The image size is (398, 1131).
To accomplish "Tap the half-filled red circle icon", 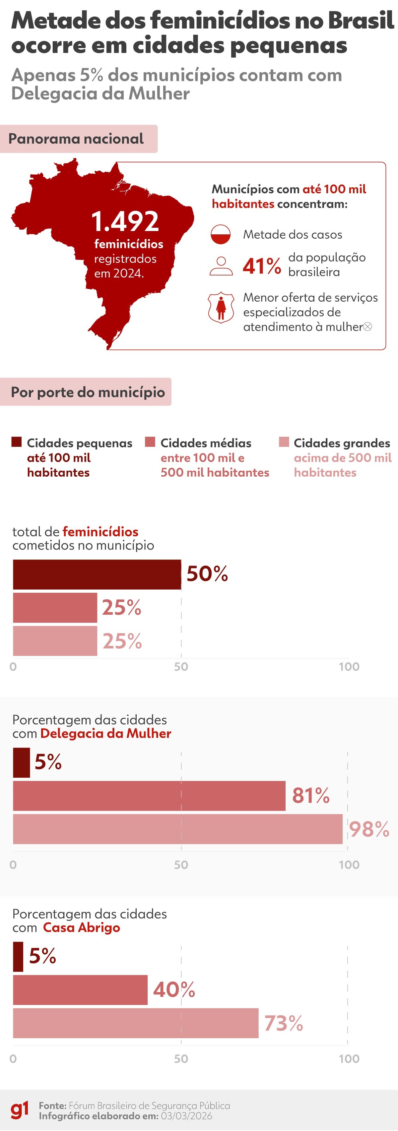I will pos(221,234).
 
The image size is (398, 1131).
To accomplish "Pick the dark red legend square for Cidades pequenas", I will pos(16,442).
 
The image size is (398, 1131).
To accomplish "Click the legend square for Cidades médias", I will pos(150,442).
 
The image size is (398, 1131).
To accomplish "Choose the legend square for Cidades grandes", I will pos(284,442).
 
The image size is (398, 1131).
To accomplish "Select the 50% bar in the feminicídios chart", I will pos(97,574).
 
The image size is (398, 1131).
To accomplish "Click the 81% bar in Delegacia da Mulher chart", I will pos(149,796).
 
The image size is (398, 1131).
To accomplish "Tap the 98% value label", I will pos(369,829).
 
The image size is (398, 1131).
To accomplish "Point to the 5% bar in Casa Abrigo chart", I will pos(18,956).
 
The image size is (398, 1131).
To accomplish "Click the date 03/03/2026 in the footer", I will pos(186,1116).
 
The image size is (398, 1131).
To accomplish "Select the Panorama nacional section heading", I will pos(76,139).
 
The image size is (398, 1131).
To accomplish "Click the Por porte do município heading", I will pos(88,391).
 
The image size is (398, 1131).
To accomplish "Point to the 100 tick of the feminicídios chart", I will pos(349,667).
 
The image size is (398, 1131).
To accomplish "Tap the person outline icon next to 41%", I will pos(221,266).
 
